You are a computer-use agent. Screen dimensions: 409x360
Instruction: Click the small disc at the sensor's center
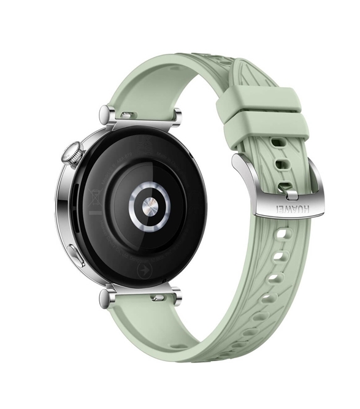click(x=149, y=203)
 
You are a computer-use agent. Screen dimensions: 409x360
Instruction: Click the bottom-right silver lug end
click(x=177, y=297)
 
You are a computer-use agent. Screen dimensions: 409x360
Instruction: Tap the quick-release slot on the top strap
click(x=128, y=115)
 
